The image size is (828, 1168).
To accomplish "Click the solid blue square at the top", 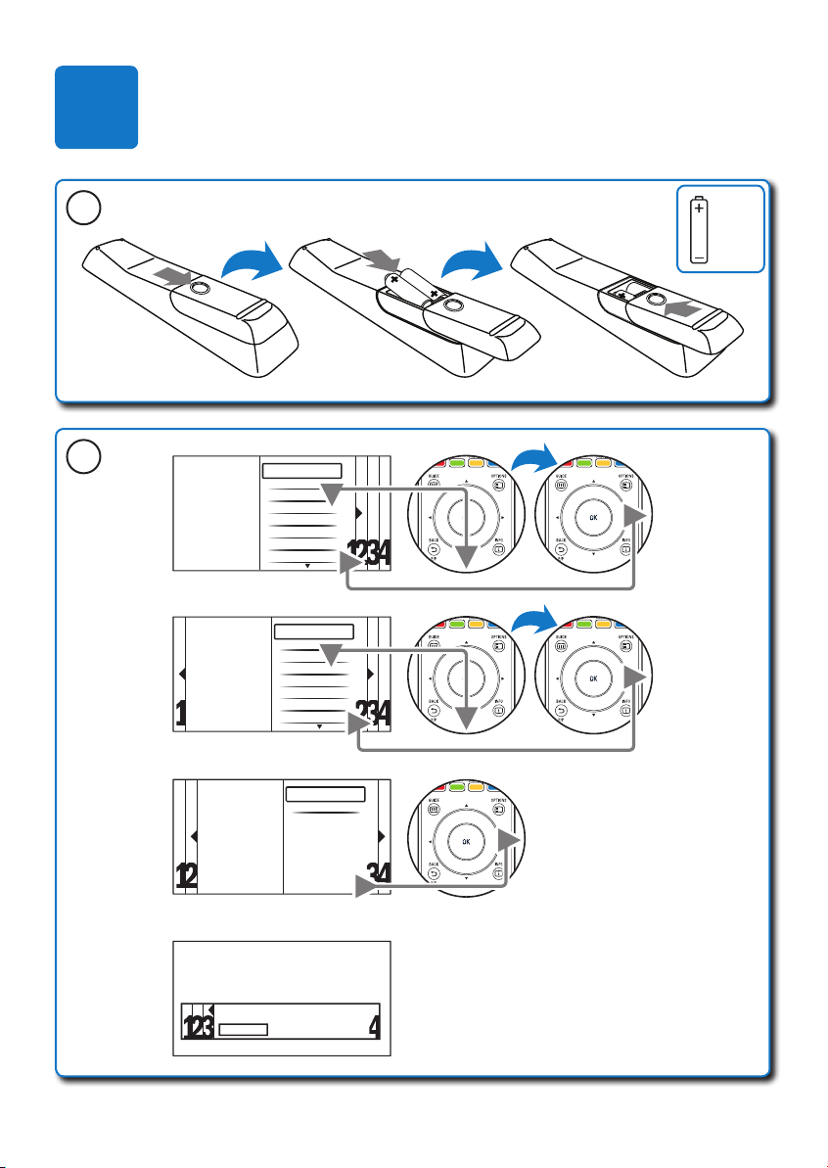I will tap(96, 108).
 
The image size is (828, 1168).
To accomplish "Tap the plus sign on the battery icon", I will tap(699, 209).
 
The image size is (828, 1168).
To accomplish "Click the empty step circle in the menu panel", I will tap(79, 457).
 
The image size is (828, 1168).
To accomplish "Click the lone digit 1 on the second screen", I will tap(181, 716).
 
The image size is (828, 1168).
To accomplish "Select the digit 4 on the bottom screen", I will tap(375, 1028).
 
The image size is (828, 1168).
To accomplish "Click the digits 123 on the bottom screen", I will tap(200, 1028).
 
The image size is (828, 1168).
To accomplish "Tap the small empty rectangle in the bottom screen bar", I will tap(243, 1030).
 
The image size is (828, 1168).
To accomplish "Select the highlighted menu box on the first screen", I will tap(302, 471).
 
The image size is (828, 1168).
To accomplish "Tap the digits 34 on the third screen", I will tap(377, 876).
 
